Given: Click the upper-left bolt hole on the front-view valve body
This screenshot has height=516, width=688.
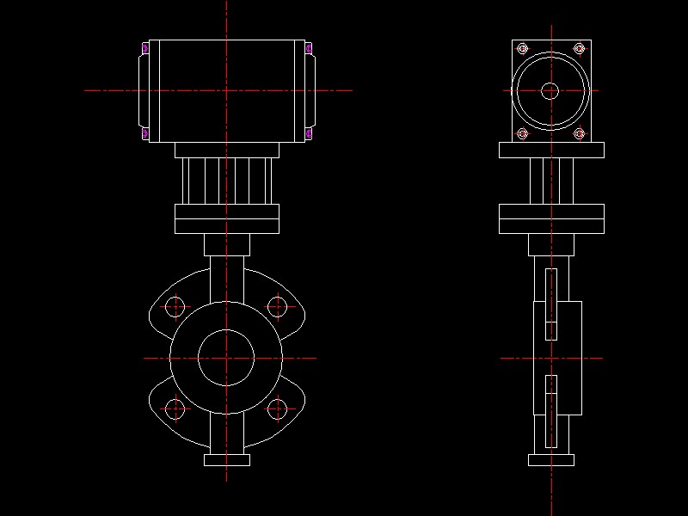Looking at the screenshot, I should click(x=175, y=306).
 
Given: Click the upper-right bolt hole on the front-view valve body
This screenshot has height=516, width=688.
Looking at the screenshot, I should click(x=277, y=306).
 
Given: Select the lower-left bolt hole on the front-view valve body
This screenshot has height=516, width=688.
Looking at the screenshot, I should click(x=175, y=409).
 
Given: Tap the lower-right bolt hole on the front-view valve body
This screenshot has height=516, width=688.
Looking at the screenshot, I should click(x=277, y=409).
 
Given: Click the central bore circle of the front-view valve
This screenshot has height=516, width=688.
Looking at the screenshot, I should click(x=226, y=358).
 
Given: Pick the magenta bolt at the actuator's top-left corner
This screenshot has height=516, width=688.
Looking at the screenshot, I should click(x=144, y=49).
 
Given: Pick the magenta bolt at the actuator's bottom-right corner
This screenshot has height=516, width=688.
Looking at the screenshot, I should click(x=309, y=133).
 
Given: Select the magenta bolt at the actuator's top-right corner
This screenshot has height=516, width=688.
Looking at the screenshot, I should click(x=309, y=49).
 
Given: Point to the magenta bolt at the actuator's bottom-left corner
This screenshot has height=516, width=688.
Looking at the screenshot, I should click(x=144, y=133).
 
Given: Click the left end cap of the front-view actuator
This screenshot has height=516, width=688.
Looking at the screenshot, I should click(x=144, y=90).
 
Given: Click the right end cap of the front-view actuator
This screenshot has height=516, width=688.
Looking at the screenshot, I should click(x=310, y=90).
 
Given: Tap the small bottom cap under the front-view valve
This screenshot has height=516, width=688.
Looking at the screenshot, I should click(x=226, y=460).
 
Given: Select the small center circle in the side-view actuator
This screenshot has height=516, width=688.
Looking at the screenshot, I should click(x=550, y=90).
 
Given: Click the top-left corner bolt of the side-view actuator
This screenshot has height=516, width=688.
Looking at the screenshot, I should click(x=521, y=48).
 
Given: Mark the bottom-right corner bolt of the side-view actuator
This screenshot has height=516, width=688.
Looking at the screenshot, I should click(x=580, y=133).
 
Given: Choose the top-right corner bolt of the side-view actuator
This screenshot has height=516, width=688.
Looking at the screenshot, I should click(x=580, y=48).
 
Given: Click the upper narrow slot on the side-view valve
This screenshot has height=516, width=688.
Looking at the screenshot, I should click(x=551, y=304).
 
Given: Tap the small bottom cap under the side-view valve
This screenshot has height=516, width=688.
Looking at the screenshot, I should click(x=550, y=460).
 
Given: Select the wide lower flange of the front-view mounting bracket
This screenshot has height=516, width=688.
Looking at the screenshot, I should click(x=226, y=219).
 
